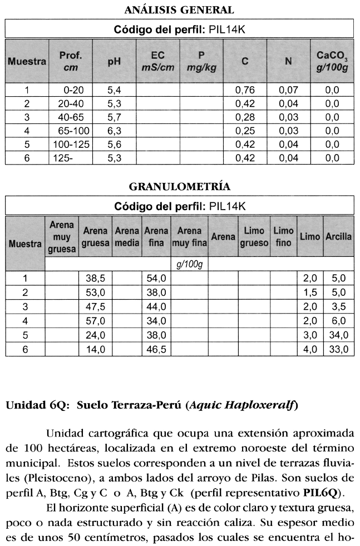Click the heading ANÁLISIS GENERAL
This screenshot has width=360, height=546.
coord(179,10)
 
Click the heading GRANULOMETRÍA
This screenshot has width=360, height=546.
coord(179,186)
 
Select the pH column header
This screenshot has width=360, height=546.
coord(114,62)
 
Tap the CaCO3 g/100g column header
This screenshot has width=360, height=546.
coord(332,62)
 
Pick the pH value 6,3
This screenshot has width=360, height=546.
coord(114,131)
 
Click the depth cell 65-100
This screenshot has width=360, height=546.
coord(72,131)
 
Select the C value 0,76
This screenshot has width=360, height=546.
coord(244,90)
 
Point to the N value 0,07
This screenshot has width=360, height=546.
coord(288,90)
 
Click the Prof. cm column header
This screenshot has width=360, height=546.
coord(71,62)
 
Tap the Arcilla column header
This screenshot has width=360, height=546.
coord(338,236)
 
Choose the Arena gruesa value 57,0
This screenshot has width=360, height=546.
coord(96,321)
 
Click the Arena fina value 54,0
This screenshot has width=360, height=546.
coord(156,278)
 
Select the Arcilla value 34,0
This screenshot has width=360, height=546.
coord(338,335)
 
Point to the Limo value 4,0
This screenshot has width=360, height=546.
coord(309,349)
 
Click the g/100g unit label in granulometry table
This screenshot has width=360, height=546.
coord(189,264)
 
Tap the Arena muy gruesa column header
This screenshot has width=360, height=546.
coord(61,237)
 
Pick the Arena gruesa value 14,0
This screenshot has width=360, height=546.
coord(96,349)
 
